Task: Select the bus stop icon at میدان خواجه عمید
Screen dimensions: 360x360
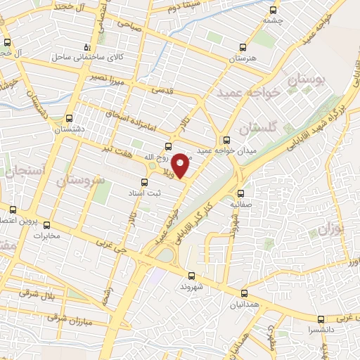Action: point(226,139)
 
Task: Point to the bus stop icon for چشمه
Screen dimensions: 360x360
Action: point(273,11)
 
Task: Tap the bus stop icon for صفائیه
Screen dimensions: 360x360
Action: point(240,193)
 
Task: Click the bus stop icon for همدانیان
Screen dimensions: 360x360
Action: point(244,294)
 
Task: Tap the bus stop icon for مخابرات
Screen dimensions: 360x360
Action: point(47,226)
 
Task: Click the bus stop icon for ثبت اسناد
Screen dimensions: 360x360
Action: point(144,182)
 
